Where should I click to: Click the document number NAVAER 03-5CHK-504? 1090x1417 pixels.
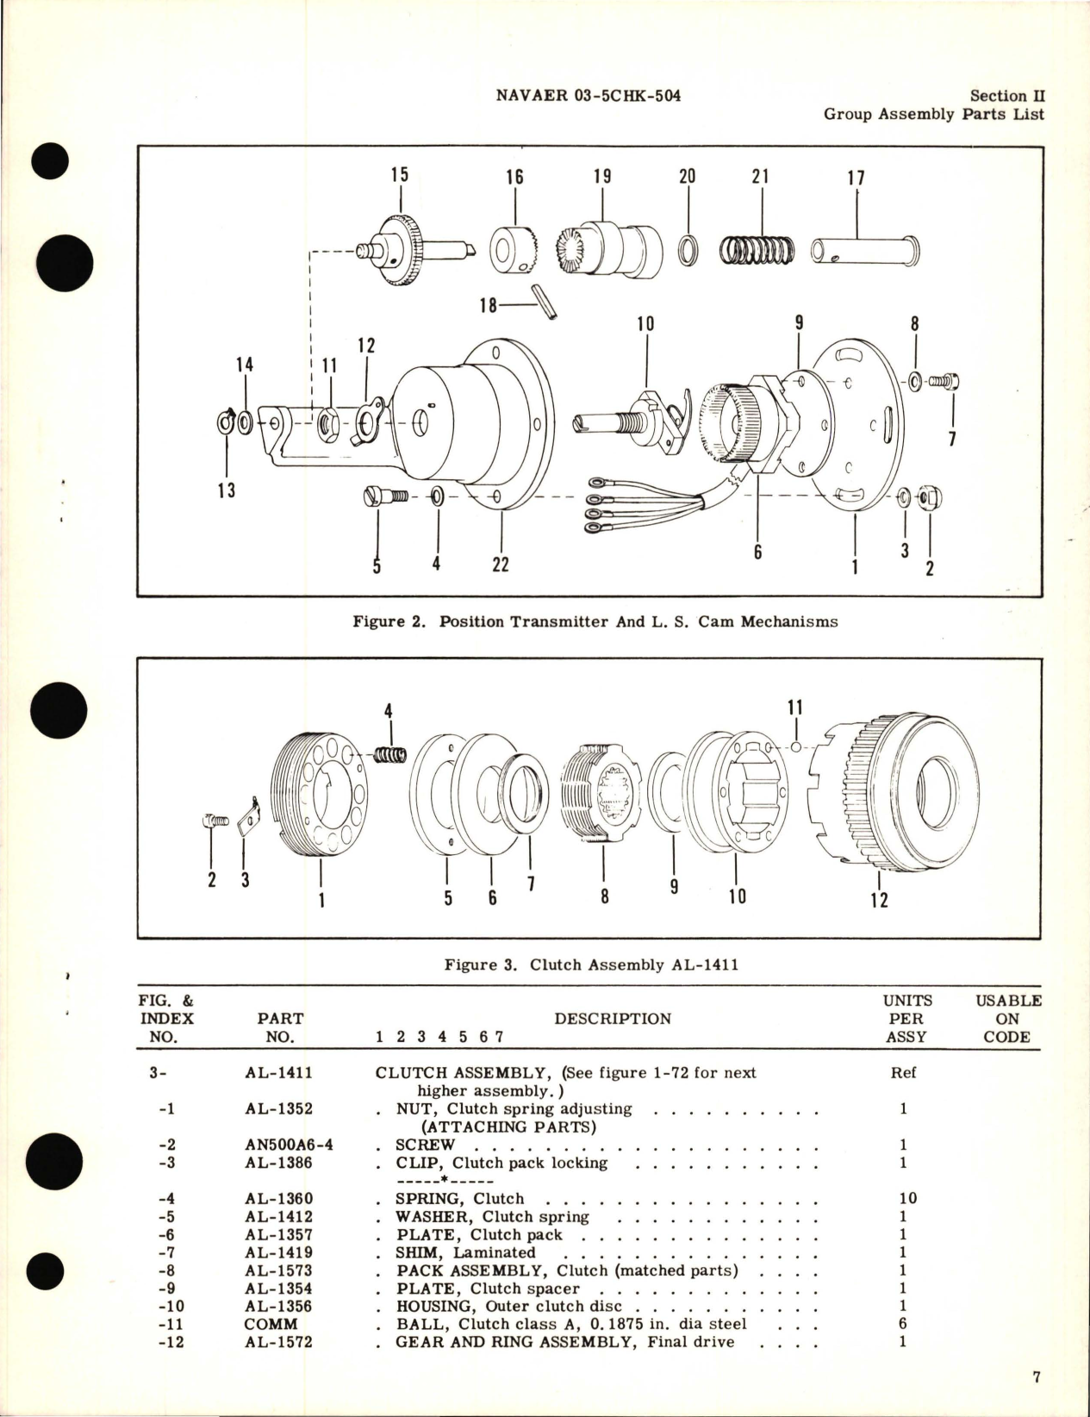pyautogui.click(x=589, y=96)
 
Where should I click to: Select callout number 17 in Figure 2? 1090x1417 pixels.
pyautogui.click(x=855, y=178)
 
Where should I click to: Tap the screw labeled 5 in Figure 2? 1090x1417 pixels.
pyautogui.click(x=380, y=497)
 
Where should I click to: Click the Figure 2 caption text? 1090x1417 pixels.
pyautogui.click(x=595, y=621)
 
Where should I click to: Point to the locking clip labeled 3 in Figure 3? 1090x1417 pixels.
pyautogui.click(x=247, y=816)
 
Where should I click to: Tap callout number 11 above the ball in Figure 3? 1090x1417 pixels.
pyautogui.click(x=794, y=708)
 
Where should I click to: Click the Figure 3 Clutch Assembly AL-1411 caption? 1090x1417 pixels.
pyautogui.click(x=591, y=964)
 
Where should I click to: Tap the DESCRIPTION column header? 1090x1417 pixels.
pyautogui.click(x=612, y=1019)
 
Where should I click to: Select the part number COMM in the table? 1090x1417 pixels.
pyautogui.click(x=271, y=1324)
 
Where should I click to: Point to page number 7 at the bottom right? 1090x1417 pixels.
pyautogui.click(x=1037, y=1377)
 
